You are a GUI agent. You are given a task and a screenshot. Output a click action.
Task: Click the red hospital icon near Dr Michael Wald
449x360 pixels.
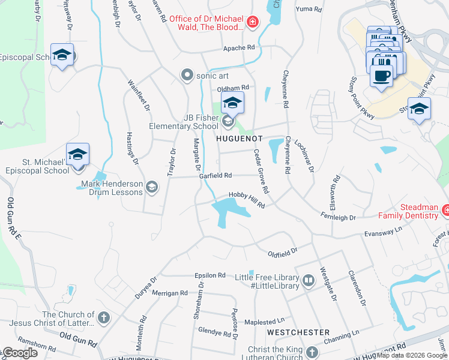[x=253, y=23]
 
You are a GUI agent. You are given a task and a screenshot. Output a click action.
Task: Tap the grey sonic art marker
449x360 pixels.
[x=188, y=76]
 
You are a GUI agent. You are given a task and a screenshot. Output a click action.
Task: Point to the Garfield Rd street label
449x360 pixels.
[x=216, y=175]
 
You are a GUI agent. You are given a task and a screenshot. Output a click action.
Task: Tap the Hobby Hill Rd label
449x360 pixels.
[x=247, y=200]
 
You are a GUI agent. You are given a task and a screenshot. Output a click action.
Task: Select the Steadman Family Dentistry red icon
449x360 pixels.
[x=446, y=211]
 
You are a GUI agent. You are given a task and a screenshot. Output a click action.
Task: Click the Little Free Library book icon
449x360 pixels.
[x=308, y=281]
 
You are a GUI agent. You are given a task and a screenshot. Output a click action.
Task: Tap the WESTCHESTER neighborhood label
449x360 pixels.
[x=298, y=332]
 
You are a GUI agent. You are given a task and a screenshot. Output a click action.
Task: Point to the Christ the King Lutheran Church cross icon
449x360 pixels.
[x=312, y=352]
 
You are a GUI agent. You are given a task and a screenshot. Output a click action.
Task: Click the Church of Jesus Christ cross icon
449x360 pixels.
[x=104, y=317]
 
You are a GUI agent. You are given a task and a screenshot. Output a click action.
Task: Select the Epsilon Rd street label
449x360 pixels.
[x=209, y=275]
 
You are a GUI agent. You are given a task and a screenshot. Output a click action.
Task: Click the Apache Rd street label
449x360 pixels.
[x=239, y=47]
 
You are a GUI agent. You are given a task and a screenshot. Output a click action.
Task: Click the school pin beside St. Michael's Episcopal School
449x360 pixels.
[x=78, y=155]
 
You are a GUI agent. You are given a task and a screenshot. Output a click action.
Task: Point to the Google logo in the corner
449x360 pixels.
[x=19, y=353]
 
